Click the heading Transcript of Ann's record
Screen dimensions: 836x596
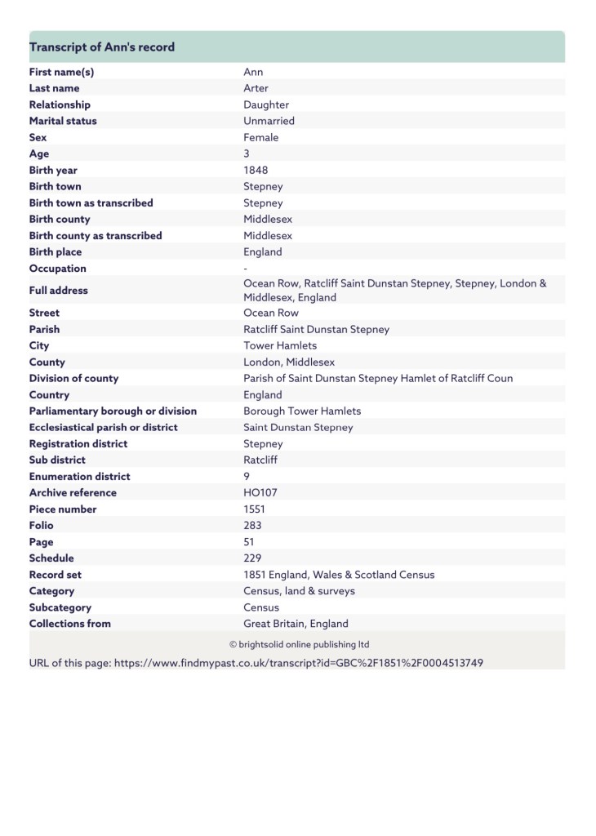[102, 47]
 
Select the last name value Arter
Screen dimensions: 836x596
[256, 88]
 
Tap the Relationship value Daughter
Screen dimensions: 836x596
[266, 104]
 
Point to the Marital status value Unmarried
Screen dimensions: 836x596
[269, 121]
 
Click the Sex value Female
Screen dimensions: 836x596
[260, 137]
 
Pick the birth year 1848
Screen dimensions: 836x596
[256, 170]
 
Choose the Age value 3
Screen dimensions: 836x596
[247, 153]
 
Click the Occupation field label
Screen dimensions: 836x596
[57, 269]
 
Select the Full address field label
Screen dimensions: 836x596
[58, 290]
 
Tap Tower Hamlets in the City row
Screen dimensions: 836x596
[280, 345]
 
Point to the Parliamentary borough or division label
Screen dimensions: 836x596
[113, 411]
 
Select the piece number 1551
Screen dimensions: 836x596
[255, 509]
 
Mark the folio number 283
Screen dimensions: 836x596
[253, 525]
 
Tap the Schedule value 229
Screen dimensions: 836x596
[252, 558]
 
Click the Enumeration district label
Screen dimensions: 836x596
[79, 476]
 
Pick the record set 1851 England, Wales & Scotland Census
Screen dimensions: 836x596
[339, 574]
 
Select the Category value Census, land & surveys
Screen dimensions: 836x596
[299, 590]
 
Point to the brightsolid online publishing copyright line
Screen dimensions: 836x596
[299, 644]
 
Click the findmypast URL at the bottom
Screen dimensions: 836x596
[298, 663]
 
